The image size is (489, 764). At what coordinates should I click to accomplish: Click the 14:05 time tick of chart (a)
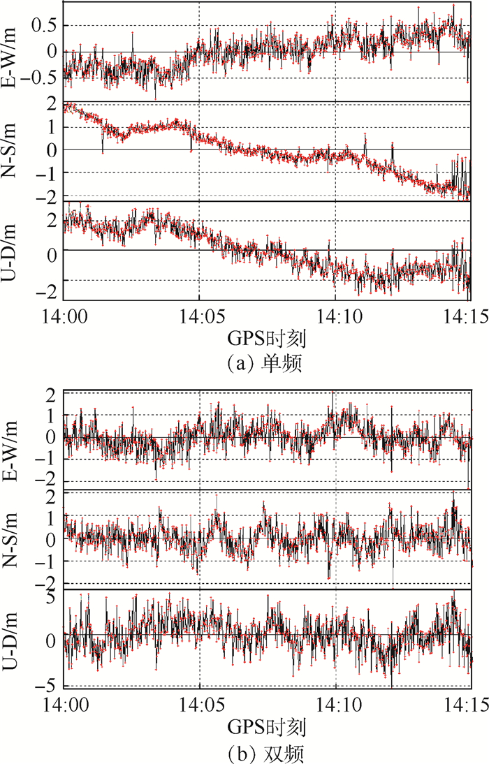[x=199, y=315]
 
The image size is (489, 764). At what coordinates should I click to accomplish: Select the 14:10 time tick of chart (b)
[x=335, y=703]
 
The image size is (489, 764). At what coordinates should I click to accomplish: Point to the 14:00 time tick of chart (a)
[x=64, y=315]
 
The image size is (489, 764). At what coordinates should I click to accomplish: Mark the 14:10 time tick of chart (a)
[x=335, y=315]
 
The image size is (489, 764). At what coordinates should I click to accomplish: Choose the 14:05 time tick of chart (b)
[x=199, y=703]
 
